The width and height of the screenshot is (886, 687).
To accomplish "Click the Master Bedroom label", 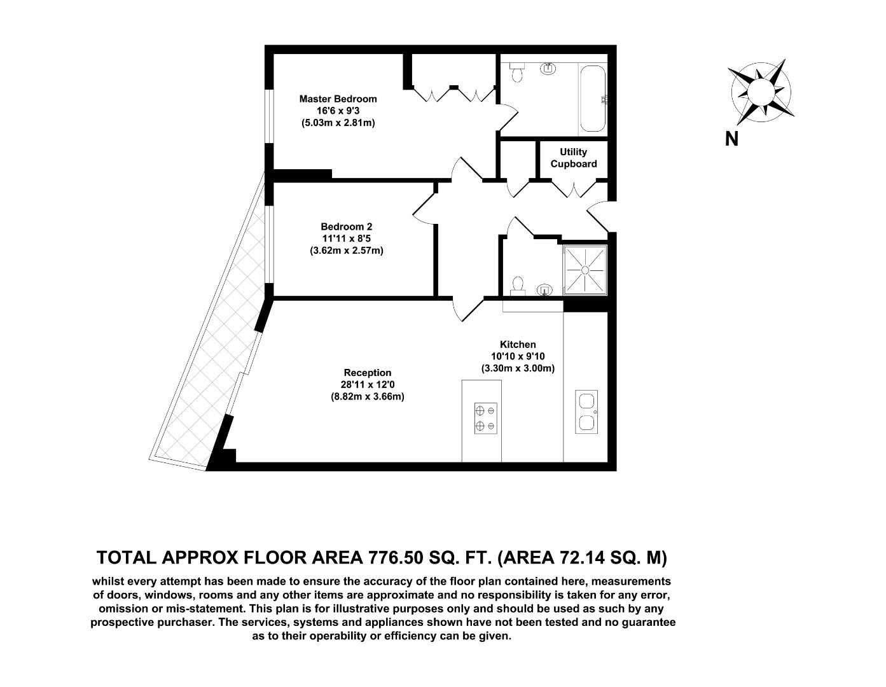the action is [x=338, y=99].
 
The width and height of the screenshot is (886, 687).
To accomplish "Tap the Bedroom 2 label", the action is [x=346, y=226].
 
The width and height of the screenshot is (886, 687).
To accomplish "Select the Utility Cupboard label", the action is [x=573, y=158].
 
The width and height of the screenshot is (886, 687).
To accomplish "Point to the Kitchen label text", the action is [x=518, y=345].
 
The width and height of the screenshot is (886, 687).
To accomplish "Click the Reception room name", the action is [x=368, y=373].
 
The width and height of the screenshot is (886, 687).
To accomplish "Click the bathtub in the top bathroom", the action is [x=592, y=99].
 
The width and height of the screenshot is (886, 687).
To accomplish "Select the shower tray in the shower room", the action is [x=585, y=270].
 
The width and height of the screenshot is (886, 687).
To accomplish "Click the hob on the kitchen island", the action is [x=485, y=419].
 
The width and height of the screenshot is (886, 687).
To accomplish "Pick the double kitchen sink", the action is [x=586, y=412].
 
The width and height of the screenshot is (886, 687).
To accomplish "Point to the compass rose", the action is [x=761, y=92].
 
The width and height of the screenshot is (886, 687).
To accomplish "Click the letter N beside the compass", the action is [x=731, y=139].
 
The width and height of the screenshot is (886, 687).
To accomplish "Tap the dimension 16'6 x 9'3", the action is [x=338, y=111].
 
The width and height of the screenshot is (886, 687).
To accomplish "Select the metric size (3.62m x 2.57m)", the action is [x=347, y=251].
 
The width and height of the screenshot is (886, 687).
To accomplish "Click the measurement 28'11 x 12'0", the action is [x=368, y=384].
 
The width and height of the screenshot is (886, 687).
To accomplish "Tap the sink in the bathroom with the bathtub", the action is [x=548, y=68].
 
